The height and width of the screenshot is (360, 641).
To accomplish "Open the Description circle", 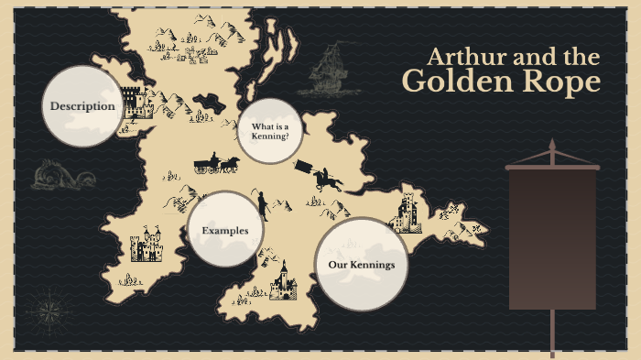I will pos(82,106).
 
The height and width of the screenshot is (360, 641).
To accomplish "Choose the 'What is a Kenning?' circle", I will pos(270,131).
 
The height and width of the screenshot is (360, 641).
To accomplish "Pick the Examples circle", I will pos(225,230).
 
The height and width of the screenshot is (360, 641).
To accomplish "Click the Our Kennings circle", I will pos(361,265).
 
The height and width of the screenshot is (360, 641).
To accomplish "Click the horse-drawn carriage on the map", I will pos(216,164).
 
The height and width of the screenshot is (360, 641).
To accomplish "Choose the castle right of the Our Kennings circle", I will pos(405,214).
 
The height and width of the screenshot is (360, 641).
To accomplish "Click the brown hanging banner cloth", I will pos(552,238).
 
